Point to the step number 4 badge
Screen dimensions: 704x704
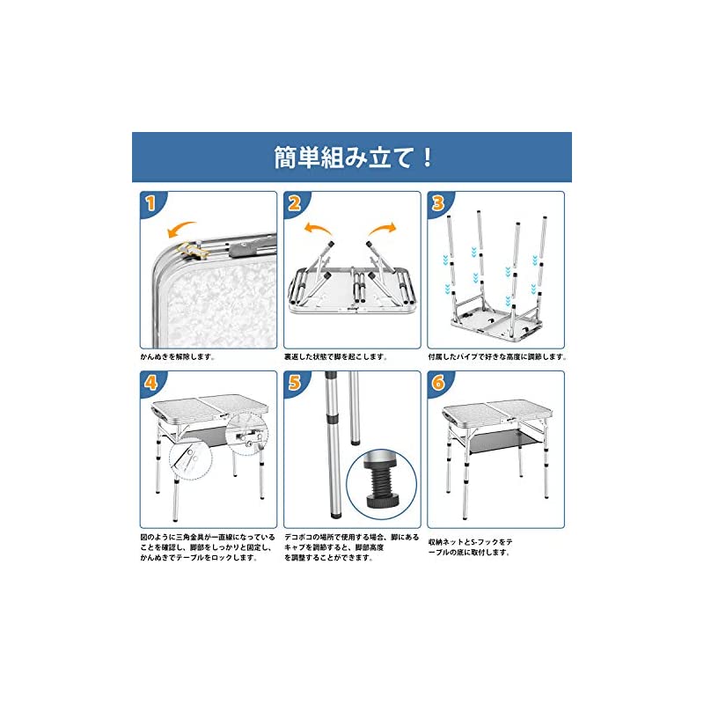pos(150,383)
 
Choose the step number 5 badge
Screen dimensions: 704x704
pos(294,383)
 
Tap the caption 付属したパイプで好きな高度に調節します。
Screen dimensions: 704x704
pos(498,358)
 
